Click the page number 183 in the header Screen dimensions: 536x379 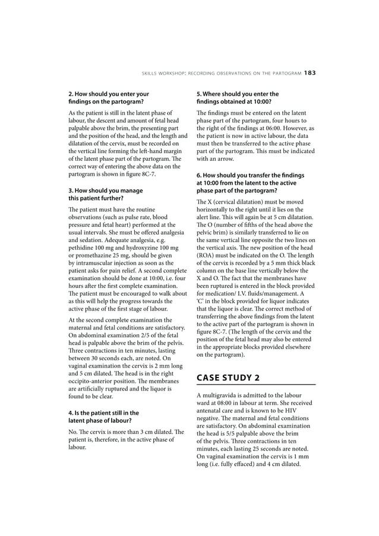(x=309, y=73)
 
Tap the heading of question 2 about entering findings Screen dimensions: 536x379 (x=109, y=98)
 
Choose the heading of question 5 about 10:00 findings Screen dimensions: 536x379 (x=237, y=98)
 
